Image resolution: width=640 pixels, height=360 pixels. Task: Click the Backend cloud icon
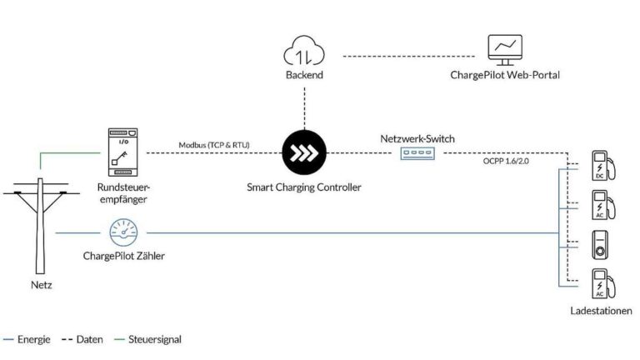tap(304, 51)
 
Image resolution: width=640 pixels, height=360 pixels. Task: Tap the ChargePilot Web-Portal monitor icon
tap(505, 50)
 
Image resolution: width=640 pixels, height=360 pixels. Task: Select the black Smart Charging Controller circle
tap(304, 152)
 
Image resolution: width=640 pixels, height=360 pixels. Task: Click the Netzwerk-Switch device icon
tap(417, 153)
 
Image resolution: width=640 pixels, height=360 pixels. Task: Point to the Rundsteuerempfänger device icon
tap(122, 152)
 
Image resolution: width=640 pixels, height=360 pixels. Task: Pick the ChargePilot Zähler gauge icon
tap(123, 233)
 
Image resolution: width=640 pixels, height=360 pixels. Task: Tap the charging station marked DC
tap(603, 166)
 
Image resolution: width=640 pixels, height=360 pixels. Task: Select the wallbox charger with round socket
tap(600, 245)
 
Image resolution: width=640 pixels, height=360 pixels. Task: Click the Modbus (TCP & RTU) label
tap(214, 145)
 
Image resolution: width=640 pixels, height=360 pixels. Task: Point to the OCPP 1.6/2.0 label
tap(506, 161)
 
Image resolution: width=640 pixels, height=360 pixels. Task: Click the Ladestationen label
tap(601, 311)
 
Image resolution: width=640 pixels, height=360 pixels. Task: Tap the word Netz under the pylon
tap(41, 285)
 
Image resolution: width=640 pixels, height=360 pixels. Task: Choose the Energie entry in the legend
tap(27, 340)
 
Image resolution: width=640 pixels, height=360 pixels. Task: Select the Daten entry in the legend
tap(82, 340)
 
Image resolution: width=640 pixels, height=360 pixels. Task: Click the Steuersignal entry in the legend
tap(148, 340)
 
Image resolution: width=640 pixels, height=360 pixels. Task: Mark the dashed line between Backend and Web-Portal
tap(409, 57)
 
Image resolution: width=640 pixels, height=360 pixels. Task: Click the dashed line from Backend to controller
tap(304, 108)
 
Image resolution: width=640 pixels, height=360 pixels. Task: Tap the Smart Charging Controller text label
tap(304, 187)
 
